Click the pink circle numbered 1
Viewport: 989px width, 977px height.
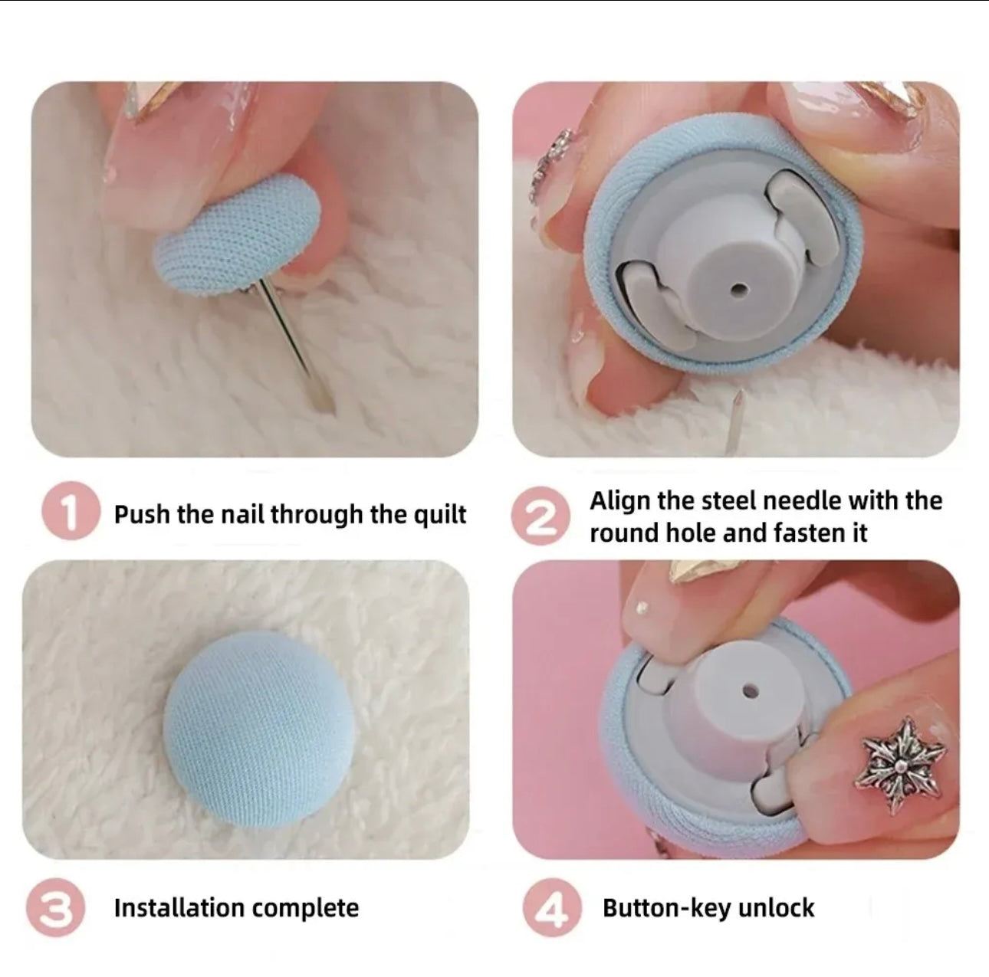(x=71, y=510)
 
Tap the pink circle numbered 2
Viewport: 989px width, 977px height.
(x=540, y=515)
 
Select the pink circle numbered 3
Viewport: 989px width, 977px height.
(x=56, y=908)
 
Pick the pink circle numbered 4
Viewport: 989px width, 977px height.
(x=552, y=908)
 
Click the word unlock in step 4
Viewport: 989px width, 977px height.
(x=776, y=907)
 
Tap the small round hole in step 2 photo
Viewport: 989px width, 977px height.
(x=738, y=290)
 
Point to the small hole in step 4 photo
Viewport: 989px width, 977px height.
(x=751, y=691)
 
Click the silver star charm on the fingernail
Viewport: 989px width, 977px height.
(x=900, y=766)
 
